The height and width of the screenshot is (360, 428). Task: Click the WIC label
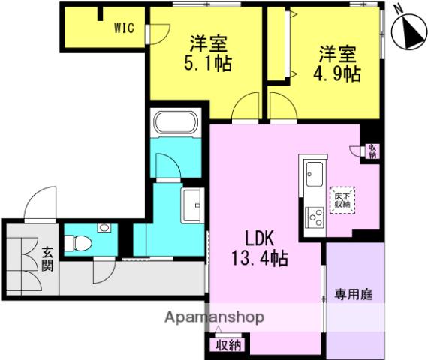pos(124,28)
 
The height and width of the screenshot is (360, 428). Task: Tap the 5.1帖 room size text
pos(208,63)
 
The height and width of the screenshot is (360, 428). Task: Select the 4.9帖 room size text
pos(337,73)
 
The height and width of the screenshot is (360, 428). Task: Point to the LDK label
pos(259,238)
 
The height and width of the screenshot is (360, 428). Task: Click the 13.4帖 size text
pos(260,259)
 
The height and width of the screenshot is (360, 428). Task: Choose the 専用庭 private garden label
pos(354,295)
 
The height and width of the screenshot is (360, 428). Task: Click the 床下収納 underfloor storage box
pos(342,200)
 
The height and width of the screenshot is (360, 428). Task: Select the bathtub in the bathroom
pos(176,122)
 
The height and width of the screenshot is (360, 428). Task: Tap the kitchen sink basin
pos(315,174)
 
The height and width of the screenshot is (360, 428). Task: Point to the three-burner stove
pos(315,217)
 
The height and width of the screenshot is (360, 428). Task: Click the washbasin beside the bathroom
pos(194,205)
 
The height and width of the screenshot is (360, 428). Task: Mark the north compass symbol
pos(409,32)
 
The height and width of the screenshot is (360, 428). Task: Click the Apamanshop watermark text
pos(215,317)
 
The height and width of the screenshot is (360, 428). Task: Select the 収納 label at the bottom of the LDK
pos(229,346)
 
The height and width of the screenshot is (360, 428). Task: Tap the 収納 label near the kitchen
pos(372,151)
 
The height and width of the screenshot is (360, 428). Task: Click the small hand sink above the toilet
pos(104,227)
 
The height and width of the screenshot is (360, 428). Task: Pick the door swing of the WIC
pos(160,34)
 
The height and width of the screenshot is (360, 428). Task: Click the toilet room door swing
pos(104,271)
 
